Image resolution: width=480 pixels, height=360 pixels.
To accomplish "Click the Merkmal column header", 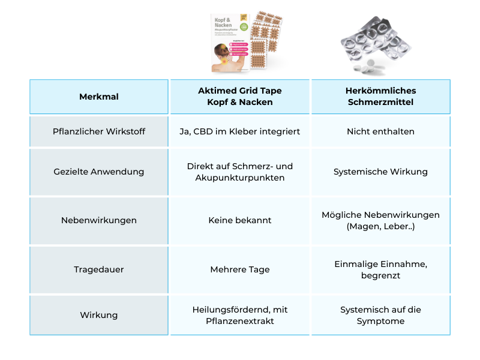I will [99, 97].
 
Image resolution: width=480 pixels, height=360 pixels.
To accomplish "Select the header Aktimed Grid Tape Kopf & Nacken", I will [240, 97].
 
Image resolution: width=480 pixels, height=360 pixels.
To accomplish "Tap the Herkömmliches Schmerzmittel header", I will [380, 97].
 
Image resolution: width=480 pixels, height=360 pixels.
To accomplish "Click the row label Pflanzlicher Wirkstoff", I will [99, 131].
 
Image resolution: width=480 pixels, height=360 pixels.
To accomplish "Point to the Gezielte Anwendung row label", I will [99, 172].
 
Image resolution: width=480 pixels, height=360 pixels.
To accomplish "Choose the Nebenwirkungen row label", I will [99, 220].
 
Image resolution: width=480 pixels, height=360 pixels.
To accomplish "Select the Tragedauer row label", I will [99, 269].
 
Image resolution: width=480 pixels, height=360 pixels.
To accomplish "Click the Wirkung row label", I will [99, 315].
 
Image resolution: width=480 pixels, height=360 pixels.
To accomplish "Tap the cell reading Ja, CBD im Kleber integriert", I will [240, 131].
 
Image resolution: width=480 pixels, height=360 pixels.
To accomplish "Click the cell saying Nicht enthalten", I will [380, 131].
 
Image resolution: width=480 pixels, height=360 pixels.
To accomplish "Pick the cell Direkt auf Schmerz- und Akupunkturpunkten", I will [240, 172].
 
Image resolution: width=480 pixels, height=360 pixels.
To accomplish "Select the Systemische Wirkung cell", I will [380, 172].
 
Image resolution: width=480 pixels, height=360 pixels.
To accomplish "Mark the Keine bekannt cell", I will [240, 220].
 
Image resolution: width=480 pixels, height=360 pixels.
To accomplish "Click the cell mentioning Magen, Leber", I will [380, 220].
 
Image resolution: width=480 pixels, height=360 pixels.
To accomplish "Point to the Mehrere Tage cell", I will [240, 269].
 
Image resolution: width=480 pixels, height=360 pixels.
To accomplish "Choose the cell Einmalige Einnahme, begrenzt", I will [380, 269].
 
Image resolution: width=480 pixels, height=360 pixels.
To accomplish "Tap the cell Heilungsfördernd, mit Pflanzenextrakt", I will [240, 315].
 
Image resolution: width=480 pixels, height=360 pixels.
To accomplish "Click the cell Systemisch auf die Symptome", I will [380, 315].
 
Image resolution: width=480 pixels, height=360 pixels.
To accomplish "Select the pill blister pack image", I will [375, 45].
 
